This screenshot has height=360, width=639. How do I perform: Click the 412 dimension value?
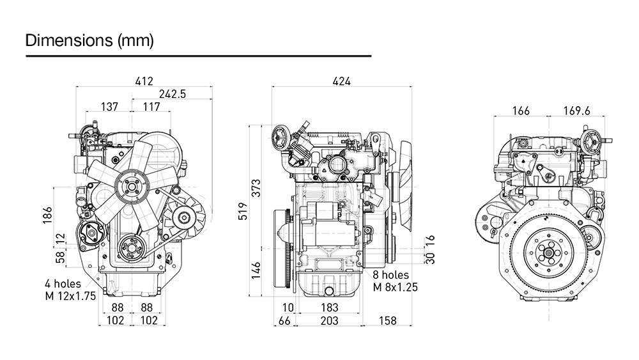click(x=144, y=81)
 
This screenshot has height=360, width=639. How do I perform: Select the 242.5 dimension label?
click(x=173, y=93)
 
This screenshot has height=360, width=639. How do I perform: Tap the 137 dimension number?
click(x=109, y=107)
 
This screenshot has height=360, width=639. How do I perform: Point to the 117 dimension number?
click(x=151, y=107)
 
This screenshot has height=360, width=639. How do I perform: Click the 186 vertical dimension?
click(x=47, y=215)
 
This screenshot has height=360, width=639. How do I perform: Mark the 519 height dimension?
click(x=242, y=211)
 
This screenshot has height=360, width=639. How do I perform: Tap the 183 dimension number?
click(x=329, y=308)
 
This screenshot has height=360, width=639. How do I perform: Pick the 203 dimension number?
click(x=329, y=320)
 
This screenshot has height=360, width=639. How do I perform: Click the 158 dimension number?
click(x=388, y=320)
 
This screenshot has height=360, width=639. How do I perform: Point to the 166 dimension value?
click(x=521, y=111)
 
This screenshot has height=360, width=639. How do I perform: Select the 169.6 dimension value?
click(x=576, y=111)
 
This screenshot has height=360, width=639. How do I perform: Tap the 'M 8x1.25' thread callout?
click(x=395, y=287)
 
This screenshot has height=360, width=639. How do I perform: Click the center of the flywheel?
click(x=548, y=253)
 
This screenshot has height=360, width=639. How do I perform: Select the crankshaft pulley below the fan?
click(x=133, y=246)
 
